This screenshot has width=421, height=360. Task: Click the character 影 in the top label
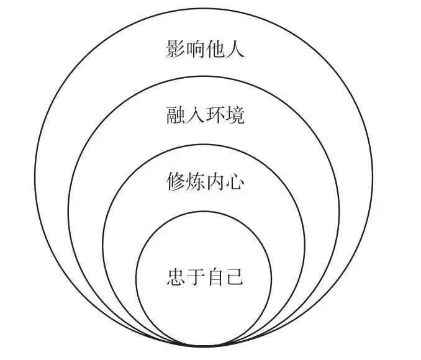[x=176, y=48]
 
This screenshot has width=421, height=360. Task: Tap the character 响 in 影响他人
[x=196, y=48]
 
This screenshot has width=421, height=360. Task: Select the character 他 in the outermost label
[x=215, y=48]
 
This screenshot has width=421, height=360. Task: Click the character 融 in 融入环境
[x=176, y=115]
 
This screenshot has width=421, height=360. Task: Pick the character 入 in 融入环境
[x=196, y=115]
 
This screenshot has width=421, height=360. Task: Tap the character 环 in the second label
[x=215, y=115]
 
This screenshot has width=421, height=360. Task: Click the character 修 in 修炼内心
[x=176, y=183]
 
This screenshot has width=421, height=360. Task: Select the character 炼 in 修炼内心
[x=196, y=183]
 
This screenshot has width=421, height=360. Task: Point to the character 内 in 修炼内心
[x=215, y=183]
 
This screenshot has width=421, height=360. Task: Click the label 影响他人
[x=206, y=48]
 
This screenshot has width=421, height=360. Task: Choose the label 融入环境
[x=206, y=115]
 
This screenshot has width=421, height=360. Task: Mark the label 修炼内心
[x=206, y=183]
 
